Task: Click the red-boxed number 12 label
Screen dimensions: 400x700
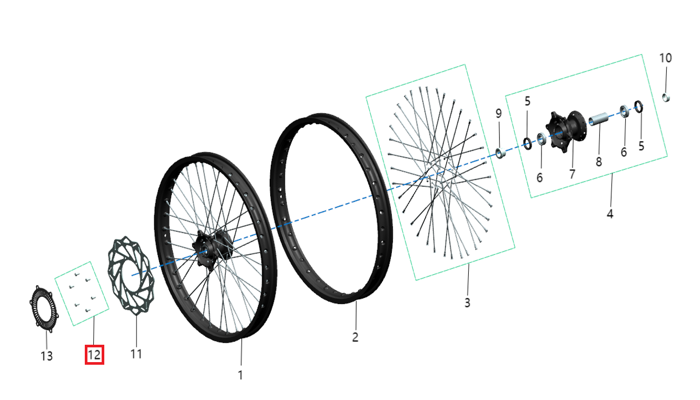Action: click(94, 355)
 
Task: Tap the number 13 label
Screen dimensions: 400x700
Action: click(47, 356)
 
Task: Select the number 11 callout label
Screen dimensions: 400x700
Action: click(136, 354)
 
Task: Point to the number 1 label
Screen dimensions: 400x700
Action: click(241, 375)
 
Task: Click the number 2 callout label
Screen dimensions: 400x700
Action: click(356, 337)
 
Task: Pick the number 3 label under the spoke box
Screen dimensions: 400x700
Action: click(467, 303)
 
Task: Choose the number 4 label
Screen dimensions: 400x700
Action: click(610, 214)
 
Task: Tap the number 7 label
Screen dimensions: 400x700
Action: click(573, 174)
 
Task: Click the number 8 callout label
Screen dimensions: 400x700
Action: click(599, 162)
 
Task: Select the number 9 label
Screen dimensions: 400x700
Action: click(498, 113)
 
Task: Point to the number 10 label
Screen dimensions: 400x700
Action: click(666, 58)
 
